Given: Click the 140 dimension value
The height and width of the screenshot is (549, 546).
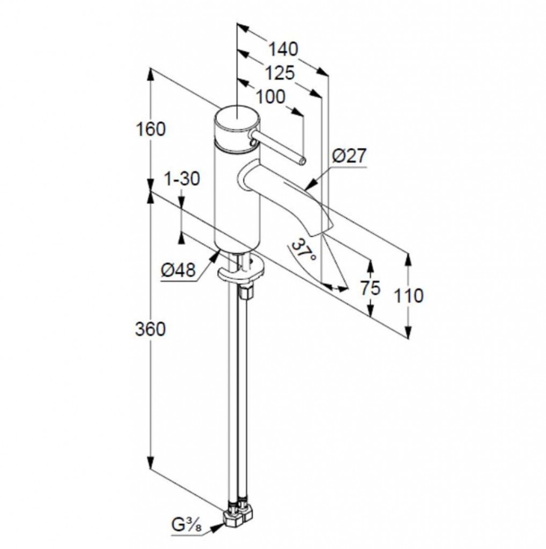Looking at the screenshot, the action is coord(283,49).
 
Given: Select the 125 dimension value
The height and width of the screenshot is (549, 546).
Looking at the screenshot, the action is coord(280,73).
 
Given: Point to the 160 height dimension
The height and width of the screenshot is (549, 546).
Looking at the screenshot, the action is coord(150,130).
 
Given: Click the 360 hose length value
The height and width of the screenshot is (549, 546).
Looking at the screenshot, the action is coord(150,330).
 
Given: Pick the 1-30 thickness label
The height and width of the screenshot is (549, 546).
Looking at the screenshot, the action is coord(182,179).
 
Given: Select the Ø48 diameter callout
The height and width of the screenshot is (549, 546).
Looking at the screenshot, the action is coord(178,270).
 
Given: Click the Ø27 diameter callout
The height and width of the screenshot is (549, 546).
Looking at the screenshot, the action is coord(349,156).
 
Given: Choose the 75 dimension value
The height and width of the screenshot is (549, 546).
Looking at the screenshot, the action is coord(370,288).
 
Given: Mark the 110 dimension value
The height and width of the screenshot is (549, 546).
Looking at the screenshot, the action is coord(409,296).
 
